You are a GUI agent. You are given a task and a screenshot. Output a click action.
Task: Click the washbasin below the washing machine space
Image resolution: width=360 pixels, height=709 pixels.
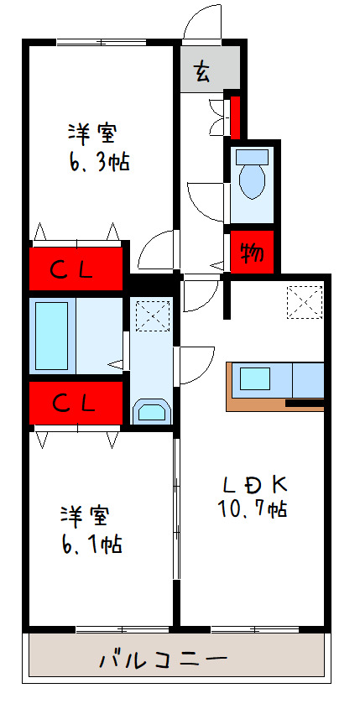pyautogui.click(x=152, y=411)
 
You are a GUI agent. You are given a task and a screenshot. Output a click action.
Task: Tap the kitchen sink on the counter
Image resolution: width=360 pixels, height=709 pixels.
pyautogui.click(x=255, y=378)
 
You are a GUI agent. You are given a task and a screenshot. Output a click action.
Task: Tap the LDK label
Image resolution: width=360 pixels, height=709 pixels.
pyautogui.click(x=255, y=484)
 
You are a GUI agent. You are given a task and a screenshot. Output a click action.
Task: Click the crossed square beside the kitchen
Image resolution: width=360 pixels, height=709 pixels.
pyautogui.click(x=304, y=302)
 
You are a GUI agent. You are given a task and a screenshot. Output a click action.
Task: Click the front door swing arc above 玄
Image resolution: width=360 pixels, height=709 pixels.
pyautogui.click(x=200, y=22)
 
